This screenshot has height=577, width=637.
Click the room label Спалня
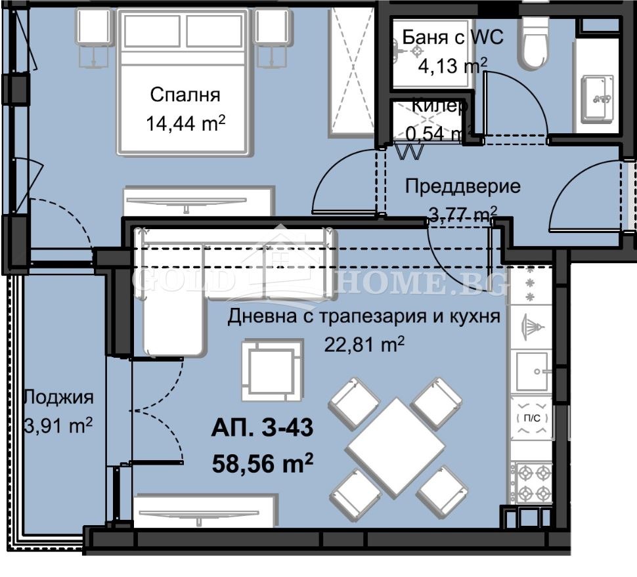click(185, 95)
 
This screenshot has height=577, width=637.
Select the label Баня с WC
click(452, 37)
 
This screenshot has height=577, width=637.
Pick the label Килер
click(439, 105)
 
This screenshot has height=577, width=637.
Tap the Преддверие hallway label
click(462, 186)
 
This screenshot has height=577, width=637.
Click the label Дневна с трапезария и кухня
click(364, 317)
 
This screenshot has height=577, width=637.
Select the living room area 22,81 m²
click(364, 344)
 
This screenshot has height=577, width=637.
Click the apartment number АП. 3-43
click(262, 429)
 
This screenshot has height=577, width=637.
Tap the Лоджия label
click(58, 396)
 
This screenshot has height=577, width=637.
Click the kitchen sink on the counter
click(532, 372)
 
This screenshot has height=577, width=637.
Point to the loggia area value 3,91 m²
click(58, 425)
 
